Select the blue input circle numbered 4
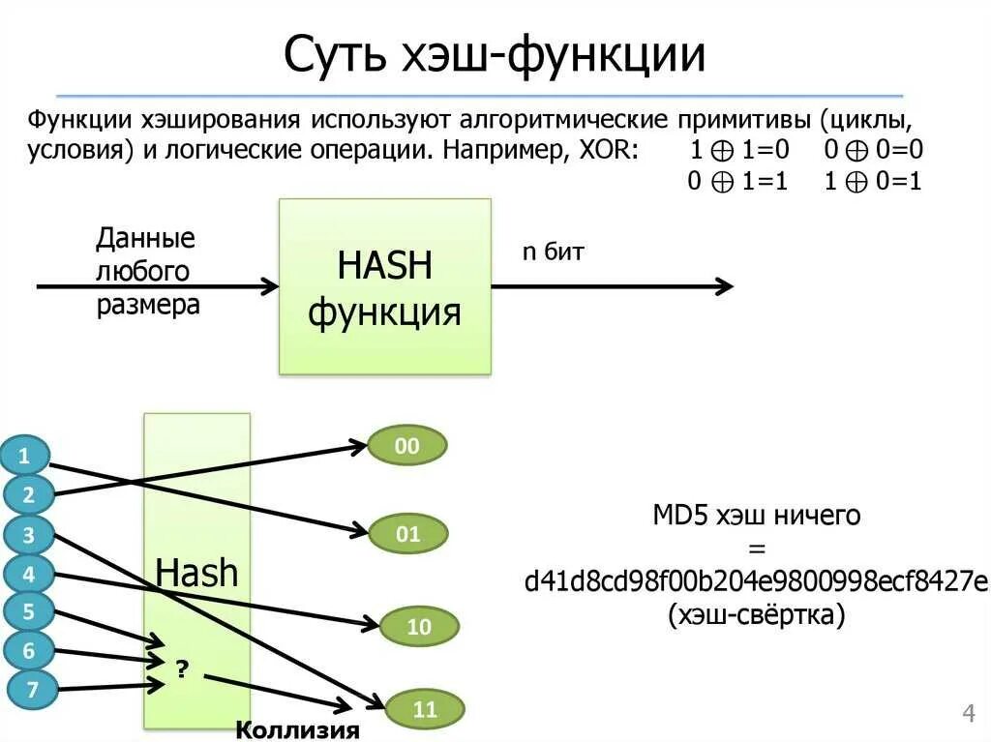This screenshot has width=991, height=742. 29,574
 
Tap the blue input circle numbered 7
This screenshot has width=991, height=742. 33,690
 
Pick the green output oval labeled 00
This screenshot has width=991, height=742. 407,446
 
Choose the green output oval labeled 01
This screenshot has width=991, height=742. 408,533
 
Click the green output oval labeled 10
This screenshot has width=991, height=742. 418,627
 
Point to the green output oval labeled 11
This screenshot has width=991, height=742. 425,710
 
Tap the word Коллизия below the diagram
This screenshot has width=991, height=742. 298,728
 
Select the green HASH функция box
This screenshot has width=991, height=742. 384,286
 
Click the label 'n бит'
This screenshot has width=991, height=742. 554,252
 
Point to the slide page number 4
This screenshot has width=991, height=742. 968,714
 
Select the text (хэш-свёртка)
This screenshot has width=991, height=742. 756,614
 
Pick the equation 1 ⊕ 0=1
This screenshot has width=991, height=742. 873,182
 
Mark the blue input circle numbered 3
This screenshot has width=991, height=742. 29,534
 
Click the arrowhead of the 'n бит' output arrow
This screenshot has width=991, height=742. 723,286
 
